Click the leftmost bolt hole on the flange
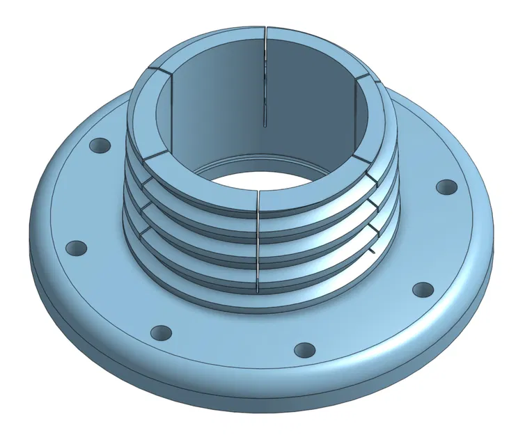76,248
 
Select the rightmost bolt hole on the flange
446,187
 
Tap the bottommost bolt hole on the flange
304,349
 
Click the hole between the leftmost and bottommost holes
161,333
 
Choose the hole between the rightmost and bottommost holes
422,290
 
